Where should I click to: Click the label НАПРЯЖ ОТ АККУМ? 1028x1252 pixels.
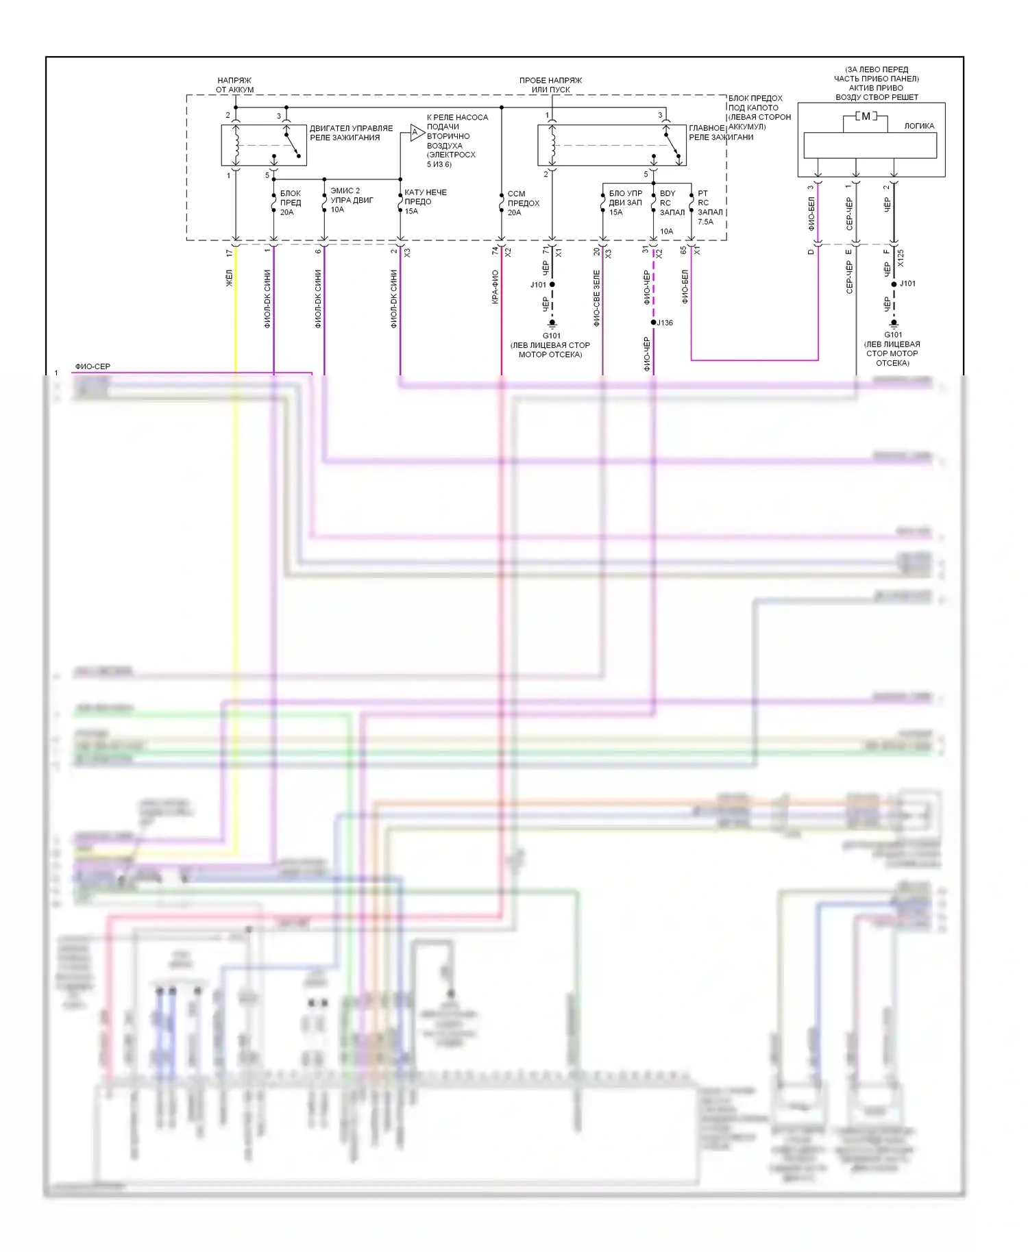tap(234, 85)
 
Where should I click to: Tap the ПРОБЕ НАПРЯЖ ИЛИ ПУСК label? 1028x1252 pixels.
tap(550, 85)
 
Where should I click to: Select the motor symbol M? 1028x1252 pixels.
tap(866, 116)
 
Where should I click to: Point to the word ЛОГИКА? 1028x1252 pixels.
tap(918, 126)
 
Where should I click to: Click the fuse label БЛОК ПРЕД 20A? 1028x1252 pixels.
tap(290, 203)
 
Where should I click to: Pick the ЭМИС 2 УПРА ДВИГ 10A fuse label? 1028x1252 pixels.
tap(351, 200)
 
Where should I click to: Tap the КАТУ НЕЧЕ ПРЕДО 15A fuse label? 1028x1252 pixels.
tap(424, 201)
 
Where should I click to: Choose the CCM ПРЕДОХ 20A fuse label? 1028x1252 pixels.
tap(522, 203)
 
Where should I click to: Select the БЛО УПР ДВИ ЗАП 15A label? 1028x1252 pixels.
tap(625, 203)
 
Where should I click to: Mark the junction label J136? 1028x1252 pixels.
tap(665, 323)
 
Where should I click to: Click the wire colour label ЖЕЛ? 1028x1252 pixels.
tap(230, 277)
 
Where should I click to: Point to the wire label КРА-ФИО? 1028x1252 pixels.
tap(495, 287)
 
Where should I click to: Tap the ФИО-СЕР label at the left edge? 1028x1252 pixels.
tap(93, 366)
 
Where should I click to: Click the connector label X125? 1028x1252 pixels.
tap(901, 258)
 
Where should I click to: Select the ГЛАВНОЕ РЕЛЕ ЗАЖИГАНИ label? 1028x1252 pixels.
tap(721, 132)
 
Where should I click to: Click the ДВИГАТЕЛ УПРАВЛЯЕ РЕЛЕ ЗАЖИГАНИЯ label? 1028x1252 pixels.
tap(351, 133)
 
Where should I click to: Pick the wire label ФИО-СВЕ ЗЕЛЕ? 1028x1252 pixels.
tap(596, 298)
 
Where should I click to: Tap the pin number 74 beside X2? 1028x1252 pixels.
tap(495, 251)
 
